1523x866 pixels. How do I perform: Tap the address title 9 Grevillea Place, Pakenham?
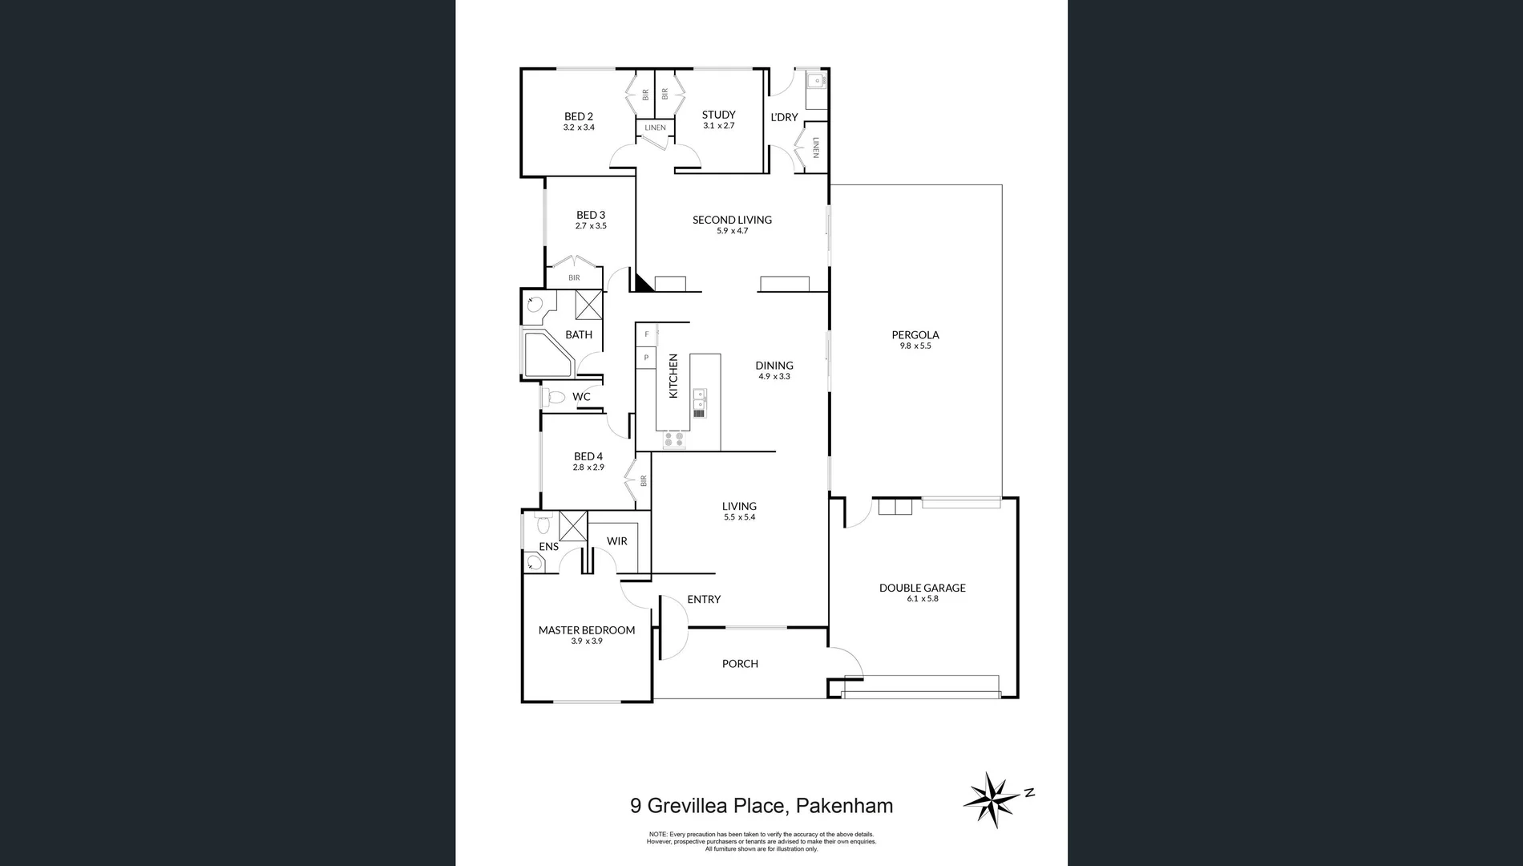pyautogui.click(x=761, y=805)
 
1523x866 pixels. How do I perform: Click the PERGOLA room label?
pyautogui.click(x=915, y=335)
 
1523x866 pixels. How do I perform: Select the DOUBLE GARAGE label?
pyautogui.click(x=922, y=588)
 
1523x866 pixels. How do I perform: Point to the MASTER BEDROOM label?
pyautogui.click(x=586, y=630)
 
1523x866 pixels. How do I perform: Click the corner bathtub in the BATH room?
pyautogui.click(x=547, y=354)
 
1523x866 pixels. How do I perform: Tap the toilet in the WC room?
pyautogui.click(x=554, y=397)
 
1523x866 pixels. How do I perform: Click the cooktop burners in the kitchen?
pyautogui.click(x=673, y=439)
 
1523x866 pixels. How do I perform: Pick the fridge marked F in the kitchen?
pyautogui.click(x=646, y=334)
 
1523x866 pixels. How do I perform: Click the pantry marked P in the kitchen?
pyautogui.click(x=646, y=358)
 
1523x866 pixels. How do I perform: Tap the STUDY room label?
pyautogui.click(x=718, y=115)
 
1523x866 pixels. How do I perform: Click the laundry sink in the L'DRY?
pyautogui.click(x=816, y=80)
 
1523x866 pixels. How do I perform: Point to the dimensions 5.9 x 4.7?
pyautogui.click(x=732, y=231)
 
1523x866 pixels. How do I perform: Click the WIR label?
pyautogui.click(x=616, y=541)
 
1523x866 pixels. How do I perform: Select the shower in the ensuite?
pyautogui.click(x=572, y=526)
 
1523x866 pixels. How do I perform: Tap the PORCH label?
pyautogui.click(x=740, y=664)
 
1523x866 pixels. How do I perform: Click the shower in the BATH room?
pyautogui.click(x=588, y=306)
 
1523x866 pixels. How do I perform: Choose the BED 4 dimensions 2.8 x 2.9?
pyautogui.click(x=588, y=467)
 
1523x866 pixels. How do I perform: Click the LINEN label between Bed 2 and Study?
pyautogui.click(x=655, y=127)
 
